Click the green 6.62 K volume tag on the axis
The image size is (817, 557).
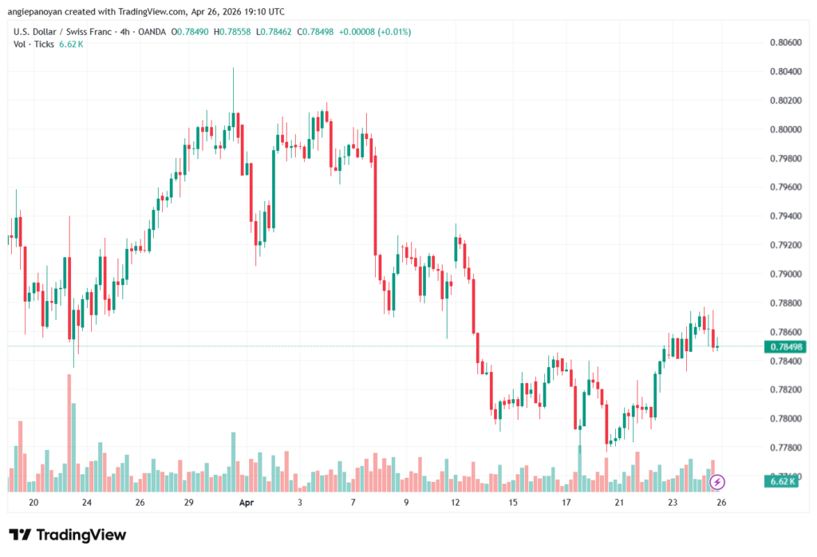point(783,481)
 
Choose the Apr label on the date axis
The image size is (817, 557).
point(247,503)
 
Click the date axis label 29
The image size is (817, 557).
point(188,503)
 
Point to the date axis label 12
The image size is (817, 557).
point(456,503)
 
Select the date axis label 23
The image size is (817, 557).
point(673,503)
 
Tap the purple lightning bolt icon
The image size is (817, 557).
point(717,481)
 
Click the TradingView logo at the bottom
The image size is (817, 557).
point(68,535)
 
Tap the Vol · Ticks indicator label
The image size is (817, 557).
point(34,45)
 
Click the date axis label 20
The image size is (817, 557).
point(34,503)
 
